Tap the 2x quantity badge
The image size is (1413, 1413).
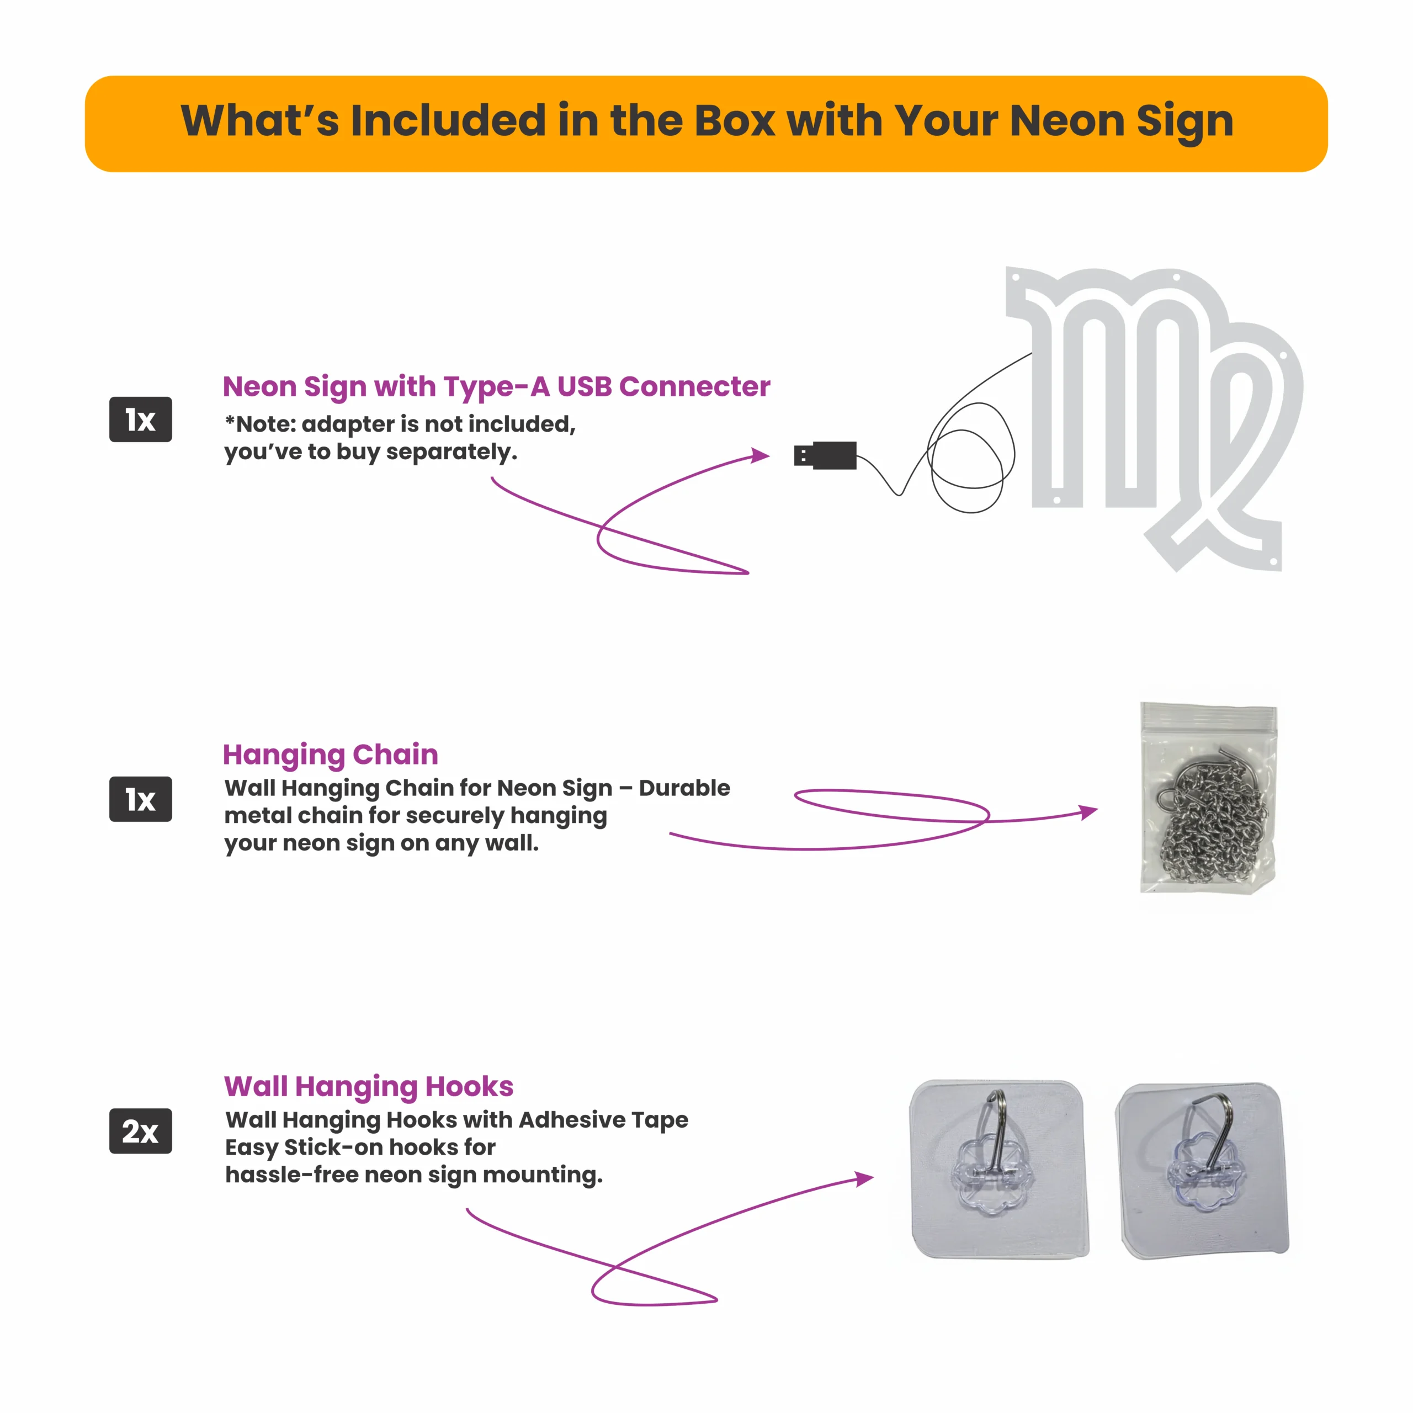[140, 1131]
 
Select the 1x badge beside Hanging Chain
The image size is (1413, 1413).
[140, 799]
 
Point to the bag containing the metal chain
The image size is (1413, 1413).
[1208, 797]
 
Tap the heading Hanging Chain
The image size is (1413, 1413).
[331, 755]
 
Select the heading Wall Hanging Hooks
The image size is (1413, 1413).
[369, 1087]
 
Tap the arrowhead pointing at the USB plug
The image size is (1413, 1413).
[761, 456]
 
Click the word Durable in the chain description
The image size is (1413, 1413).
[684, 788]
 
